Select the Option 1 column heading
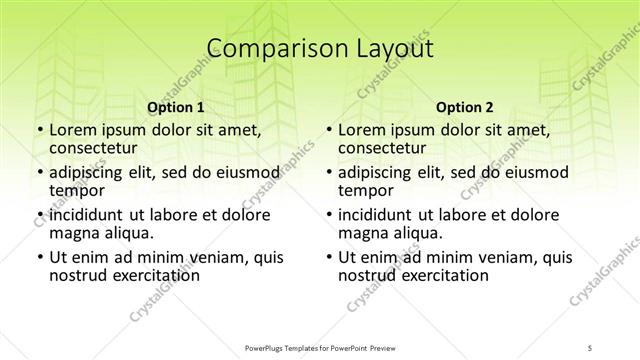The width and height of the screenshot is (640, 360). click(176, 107)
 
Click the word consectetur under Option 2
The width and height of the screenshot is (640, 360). click(382, 148)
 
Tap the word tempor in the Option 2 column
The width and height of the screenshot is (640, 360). click(367, 190)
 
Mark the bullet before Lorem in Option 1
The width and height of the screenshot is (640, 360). click(39, 131)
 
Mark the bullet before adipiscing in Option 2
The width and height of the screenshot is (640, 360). click(329, 173)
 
